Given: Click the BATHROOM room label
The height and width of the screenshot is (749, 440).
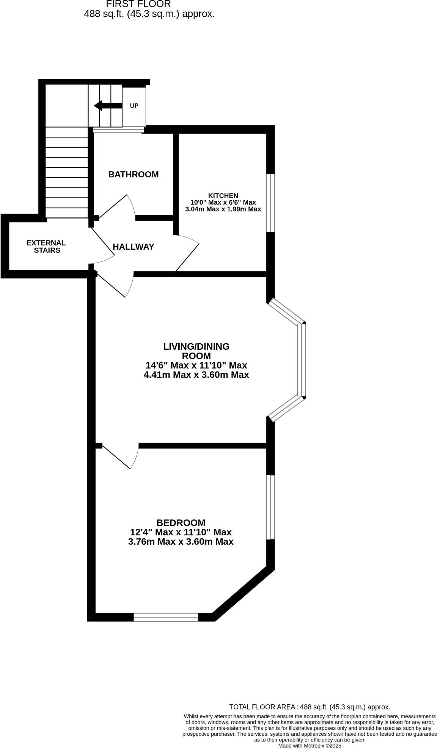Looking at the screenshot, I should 133,175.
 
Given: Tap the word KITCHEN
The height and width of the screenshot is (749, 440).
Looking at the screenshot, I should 223,196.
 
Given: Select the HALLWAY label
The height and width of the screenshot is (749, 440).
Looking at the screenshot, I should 133,247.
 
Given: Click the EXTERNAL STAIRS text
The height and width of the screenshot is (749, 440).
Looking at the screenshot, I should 46,247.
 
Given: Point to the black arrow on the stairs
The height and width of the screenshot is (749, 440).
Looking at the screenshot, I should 107,106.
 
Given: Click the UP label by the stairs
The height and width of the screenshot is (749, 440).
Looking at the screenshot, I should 134,106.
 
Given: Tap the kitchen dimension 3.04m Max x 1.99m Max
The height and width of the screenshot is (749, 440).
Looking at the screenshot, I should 223,209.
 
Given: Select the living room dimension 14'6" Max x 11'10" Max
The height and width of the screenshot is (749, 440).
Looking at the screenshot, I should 196,366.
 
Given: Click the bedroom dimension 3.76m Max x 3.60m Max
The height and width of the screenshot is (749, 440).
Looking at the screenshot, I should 181,542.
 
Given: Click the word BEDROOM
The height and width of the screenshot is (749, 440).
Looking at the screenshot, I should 181,523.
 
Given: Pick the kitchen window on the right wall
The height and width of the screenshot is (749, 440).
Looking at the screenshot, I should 270,203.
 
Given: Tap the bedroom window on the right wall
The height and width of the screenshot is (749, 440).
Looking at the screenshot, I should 270,507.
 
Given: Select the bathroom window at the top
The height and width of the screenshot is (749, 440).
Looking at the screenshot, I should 118,130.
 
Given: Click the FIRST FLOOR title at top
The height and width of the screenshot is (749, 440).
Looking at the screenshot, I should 138,5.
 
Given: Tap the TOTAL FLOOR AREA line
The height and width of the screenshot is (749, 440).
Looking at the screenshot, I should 310,707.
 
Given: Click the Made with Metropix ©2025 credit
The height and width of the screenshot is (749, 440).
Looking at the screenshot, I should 310,746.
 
